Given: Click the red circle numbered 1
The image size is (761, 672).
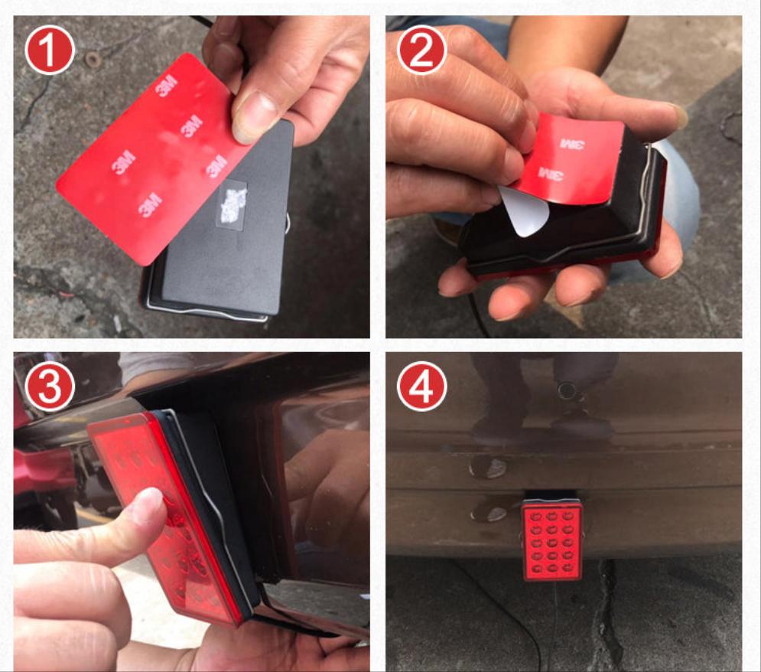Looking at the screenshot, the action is [50, 50].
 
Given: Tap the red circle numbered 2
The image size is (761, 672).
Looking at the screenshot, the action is [421, 50].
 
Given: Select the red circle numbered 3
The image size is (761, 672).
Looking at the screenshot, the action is [50, 387].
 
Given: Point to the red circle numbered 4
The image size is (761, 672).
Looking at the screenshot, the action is [421, 387].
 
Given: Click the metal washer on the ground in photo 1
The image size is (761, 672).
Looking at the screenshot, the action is [93, 59].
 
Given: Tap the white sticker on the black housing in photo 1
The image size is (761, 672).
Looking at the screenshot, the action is [232, 204].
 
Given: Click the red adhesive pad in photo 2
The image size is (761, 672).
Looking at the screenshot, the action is [567, 159].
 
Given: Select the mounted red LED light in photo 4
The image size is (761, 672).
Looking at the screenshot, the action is [552, 540].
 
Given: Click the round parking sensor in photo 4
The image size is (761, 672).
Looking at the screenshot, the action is [567, 390].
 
